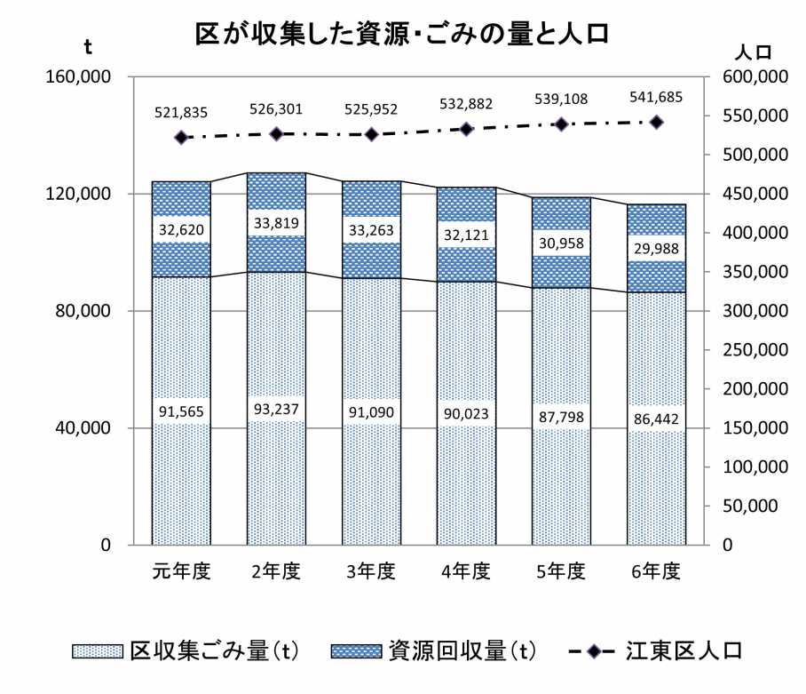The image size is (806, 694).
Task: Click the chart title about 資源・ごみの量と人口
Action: [402, 34]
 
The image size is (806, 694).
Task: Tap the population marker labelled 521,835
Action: [181, 138]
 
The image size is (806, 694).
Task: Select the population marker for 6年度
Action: [657, 123]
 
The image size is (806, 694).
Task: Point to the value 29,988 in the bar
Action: [656, 249]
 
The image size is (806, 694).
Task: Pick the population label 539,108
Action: [561, 99]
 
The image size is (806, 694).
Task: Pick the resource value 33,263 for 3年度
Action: [371, 230]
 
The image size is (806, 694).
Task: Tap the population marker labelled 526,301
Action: [276, 134]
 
